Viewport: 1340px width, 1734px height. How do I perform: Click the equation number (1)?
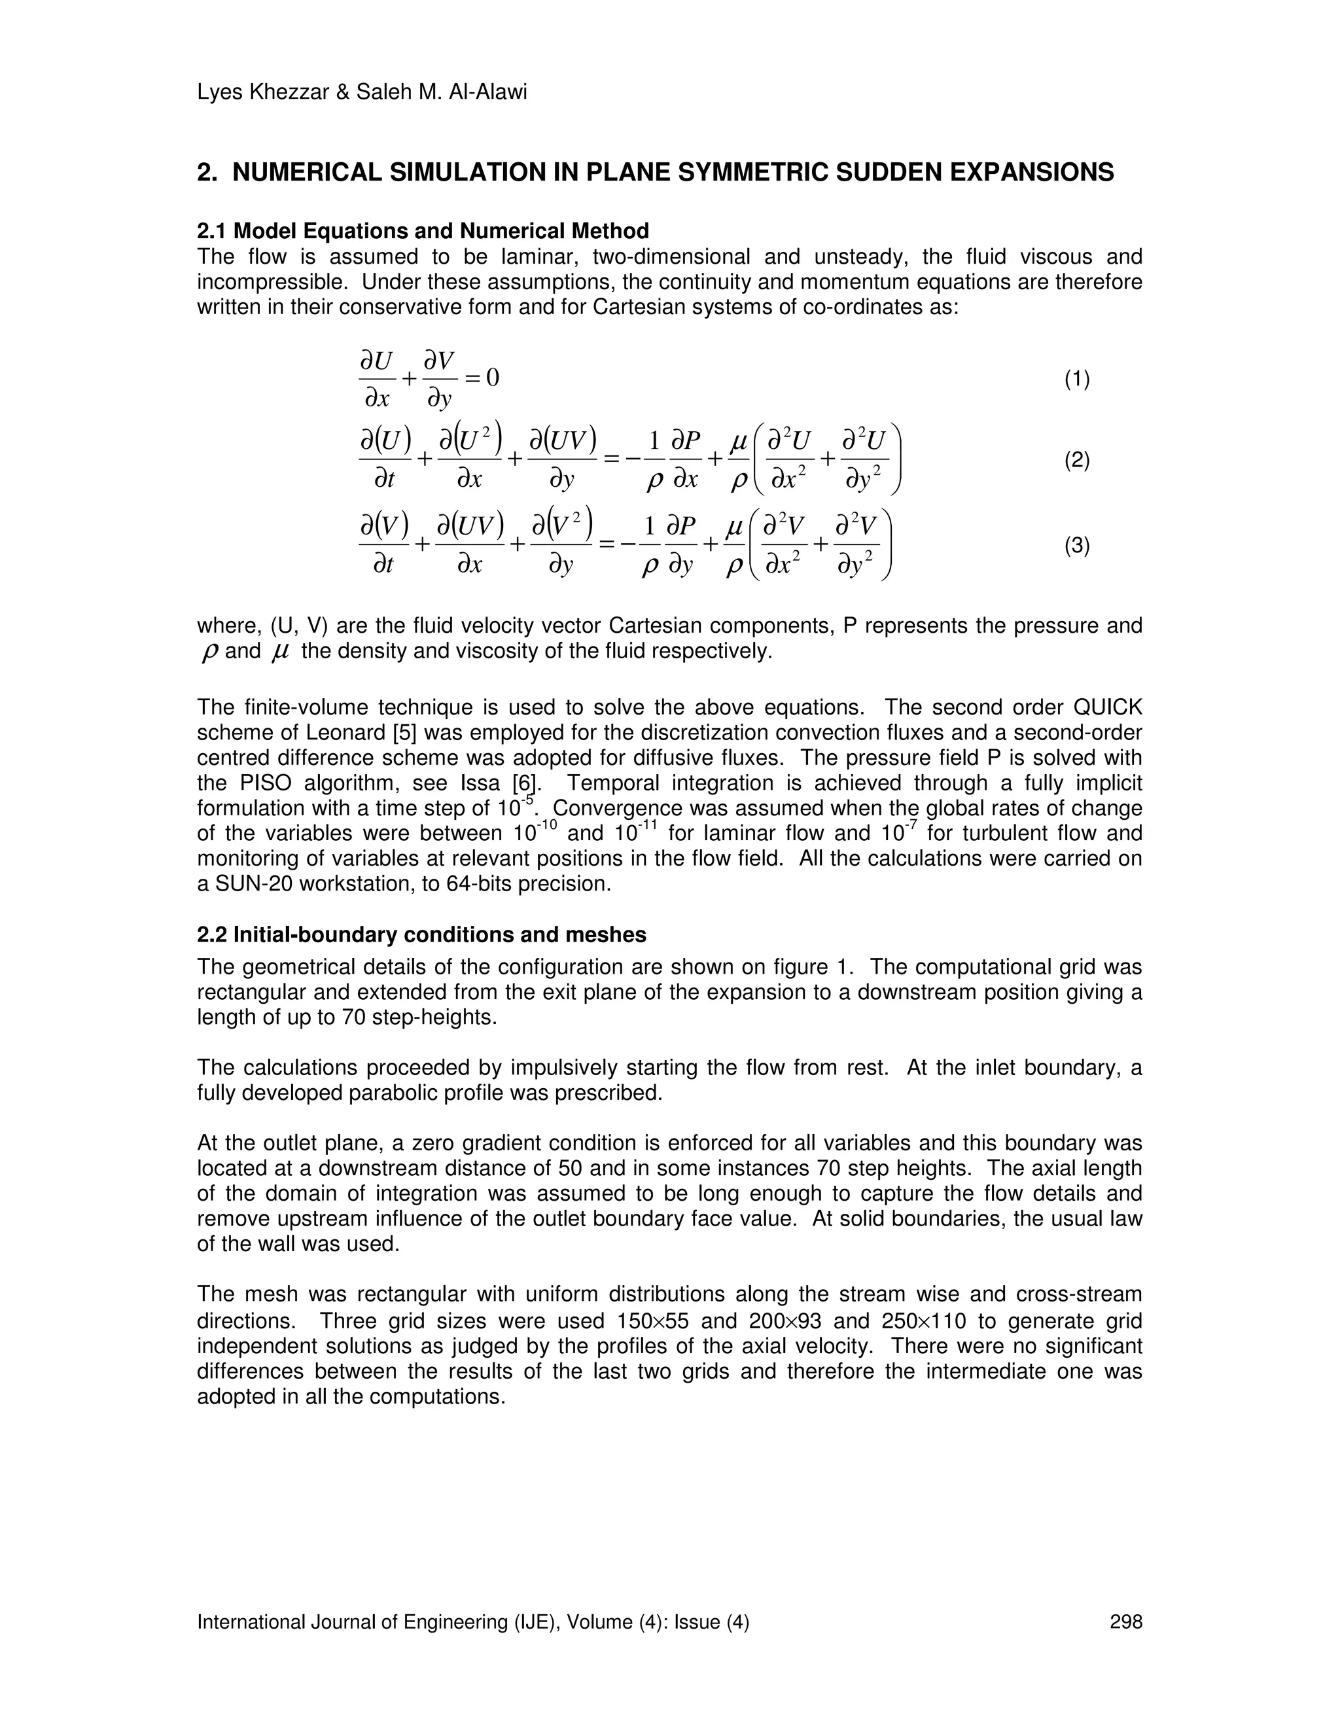click(1076, 380)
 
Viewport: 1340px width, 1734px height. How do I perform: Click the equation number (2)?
click(1076, 461)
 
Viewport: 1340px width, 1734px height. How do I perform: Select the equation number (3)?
click(1076, 546)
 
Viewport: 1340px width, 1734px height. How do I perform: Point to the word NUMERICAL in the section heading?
click(308, 172)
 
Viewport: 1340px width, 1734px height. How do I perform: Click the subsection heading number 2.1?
click(212, 231)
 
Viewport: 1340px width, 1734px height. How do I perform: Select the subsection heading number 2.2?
click(212, 934)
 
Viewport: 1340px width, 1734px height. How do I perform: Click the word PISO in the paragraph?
click(264, 784)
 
